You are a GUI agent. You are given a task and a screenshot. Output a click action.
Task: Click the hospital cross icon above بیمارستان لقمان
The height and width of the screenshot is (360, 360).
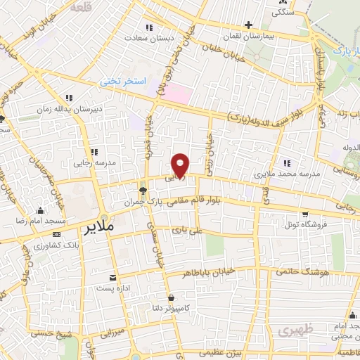[248, 25]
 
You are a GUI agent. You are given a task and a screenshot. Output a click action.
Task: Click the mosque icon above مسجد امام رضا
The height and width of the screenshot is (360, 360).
[39, 210]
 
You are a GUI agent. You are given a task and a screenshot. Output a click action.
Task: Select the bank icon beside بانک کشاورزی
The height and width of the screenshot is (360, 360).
[57, 233]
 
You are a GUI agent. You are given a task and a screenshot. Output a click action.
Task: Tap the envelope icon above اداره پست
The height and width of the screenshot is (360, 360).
[112, 276]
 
